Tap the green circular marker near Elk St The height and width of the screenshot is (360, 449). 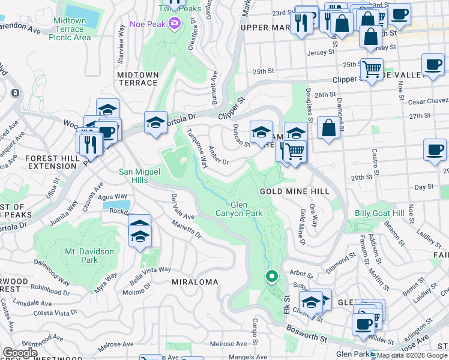pyautogui.click(x=271, y=277)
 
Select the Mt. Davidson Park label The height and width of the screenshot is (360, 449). pyautogui.click(x=89, y=256)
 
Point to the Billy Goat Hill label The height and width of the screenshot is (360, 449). pyautogui.click(x=379, y=214)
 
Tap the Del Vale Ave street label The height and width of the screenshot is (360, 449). pyautogui.click(x=183, y=206)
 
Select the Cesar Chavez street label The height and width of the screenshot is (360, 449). pyautogui.click(x=427, y=102)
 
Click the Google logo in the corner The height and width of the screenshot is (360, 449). pyautogui.click(x=20, y=353)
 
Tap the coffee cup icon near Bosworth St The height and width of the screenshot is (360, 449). pyautogui.click(x=363, y=324)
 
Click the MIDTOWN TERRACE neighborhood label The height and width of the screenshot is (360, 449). pyautogui.click(x=138, y=79)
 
